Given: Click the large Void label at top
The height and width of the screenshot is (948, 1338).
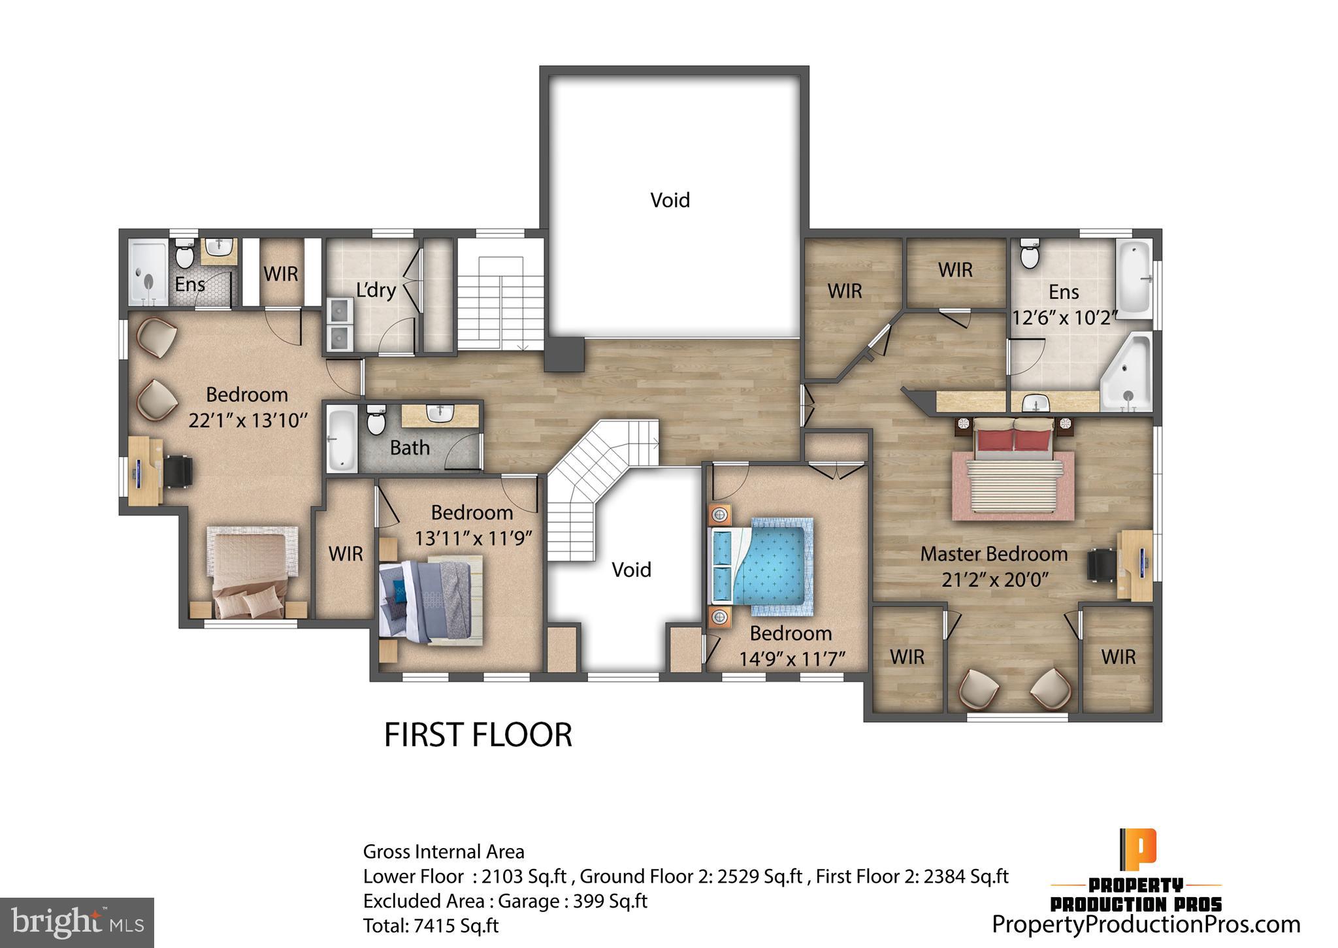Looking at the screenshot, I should click(670, 200).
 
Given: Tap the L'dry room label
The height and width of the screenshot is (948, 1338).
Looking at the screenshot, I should click(376, 289).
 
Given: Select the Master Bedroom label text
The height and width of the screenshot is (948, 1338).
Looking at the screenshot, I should click(994, 554).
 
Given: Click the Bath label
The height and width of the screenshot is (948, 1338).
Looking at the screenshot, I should click(410, 448).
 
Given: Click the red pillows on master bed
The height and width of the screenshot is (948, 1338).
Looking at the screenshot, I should click(1013, 434).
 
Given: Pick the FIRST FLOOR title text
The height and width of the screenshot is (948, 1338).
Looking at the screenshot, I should click(478, 734).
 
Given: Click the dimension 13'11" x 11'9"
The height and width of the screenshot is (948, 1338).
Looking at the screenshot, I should click(474, 538).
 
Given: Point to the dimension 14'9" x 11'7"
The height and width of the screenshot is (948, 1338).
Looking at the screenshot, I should click(792, 659).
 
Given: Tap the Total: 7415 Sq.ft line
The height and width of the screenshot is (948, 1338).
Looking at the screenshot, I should click(431, 926).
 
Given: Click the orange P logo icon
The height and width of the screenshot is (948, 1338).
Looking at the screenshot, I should click(1137, 847).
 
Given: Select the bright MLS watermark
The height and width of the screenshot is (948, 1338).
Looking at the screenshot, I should click(77, 923).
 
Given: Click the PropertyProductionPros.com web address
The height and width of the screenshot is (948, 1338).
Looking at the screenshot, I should click(1146, 924).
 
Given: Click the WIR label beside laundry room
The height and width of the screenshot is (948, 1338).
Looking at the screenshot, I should click(281, 273).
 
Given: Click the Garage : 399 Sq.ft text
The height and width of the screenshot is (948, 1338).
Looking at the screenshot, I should click(572, 901).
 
